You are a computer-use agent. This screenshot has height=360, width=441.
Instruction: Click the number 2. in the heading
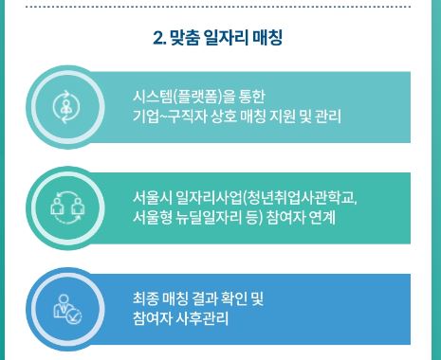coord(158,39)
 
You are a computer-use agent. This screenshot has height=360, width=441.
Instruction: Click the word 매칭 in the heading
coord(269,39)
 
